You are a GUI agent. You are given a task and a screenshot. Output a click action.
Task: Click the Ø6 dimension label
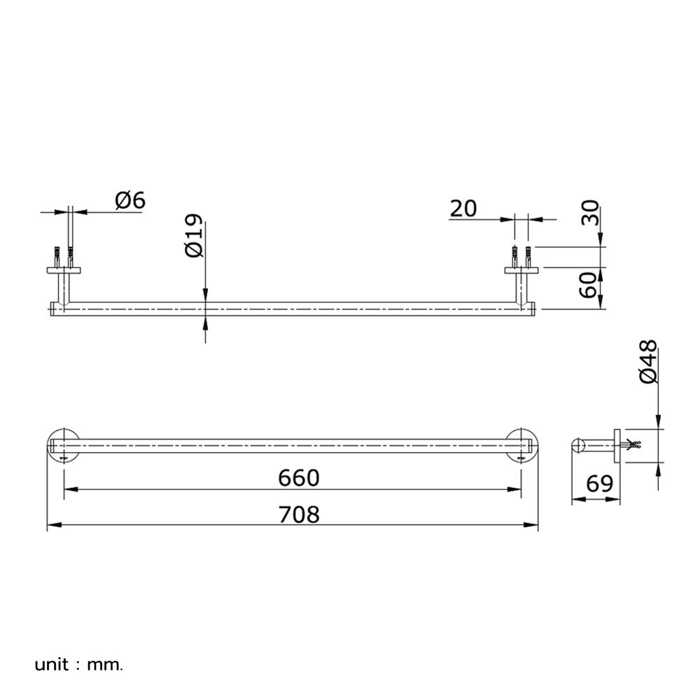(x=130, y=200)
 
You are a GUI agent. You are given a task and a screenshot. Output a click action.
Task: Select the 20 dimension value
(x=463, y=209)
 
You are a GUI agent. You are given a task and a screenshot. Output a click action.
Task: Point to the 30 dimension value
(x=590, y=213)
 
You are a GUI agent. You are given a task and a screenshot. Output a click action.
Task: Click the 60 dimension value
(x=589, y=285)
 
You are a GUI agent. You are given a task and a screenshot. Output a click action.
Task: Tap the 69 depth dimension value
(x=600, y=484)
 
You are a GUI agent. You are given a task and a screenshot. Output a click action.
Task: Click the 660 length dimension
(x=299, y=477)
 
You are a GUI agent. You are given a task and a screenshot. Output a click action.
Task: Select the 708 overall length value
(x=299, y=514)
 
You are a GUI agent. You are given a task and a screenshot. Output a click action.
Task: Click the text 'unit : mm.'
(x=78, y=665)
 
